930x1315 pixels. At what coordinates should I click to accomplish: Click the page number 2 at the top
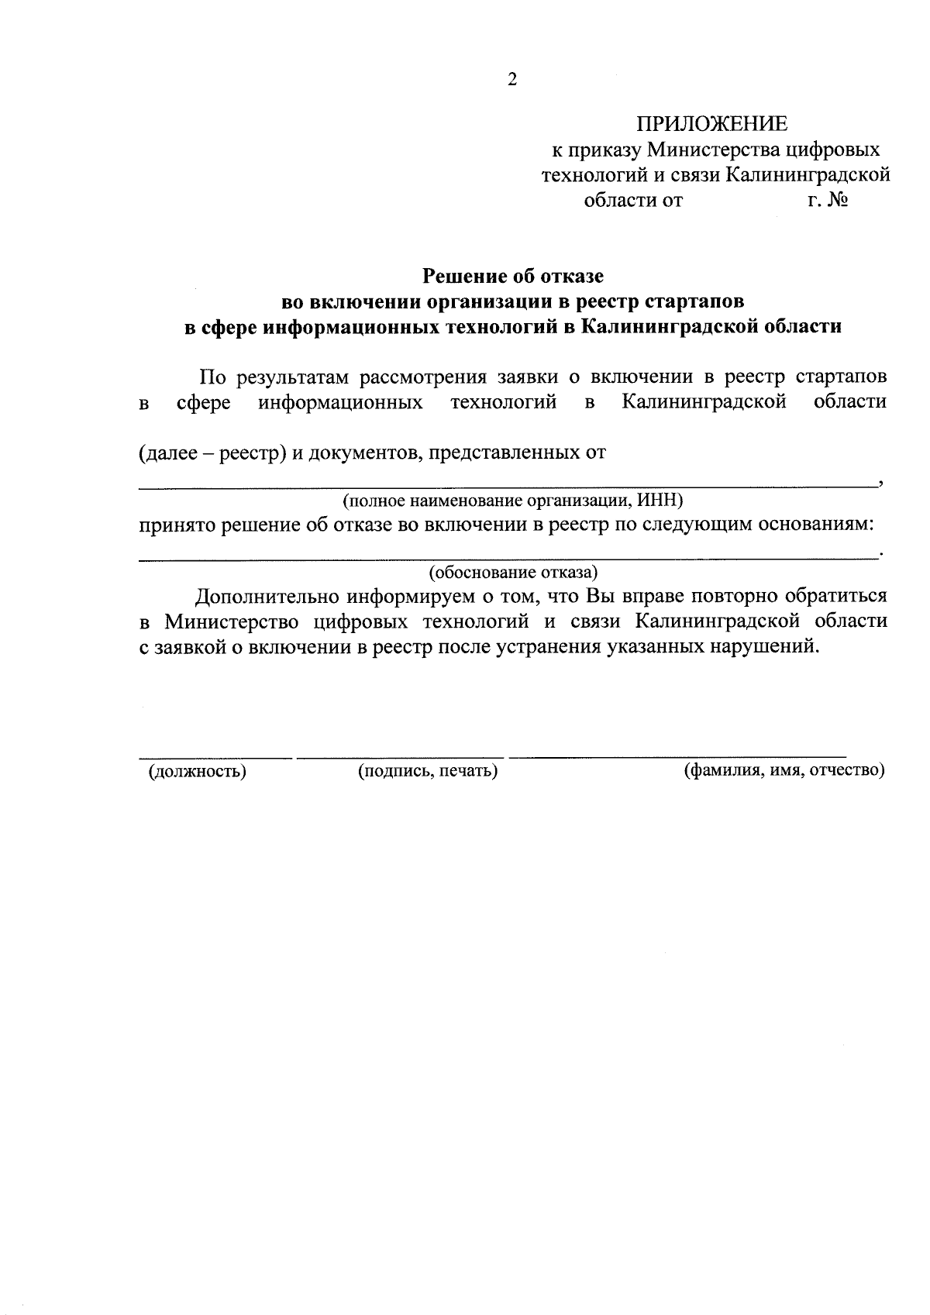click(511, 80)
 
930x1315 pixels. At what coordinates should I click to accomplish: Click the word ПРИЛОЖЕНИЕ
click(711, 124)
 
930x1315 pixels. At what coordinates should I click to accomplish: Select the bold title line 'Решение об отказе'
click(512, 275)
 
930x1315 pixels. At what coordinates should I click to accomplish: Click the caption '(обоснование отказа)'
click(513, 573)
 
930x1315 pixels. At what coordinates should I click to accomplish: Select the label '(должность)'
click(197, 771)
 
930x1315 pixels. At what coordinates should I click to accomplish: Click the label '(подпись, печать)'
click(427, 771)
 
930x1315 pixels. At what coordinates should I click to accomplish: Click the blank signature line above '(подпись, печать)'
click(400, 756)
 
